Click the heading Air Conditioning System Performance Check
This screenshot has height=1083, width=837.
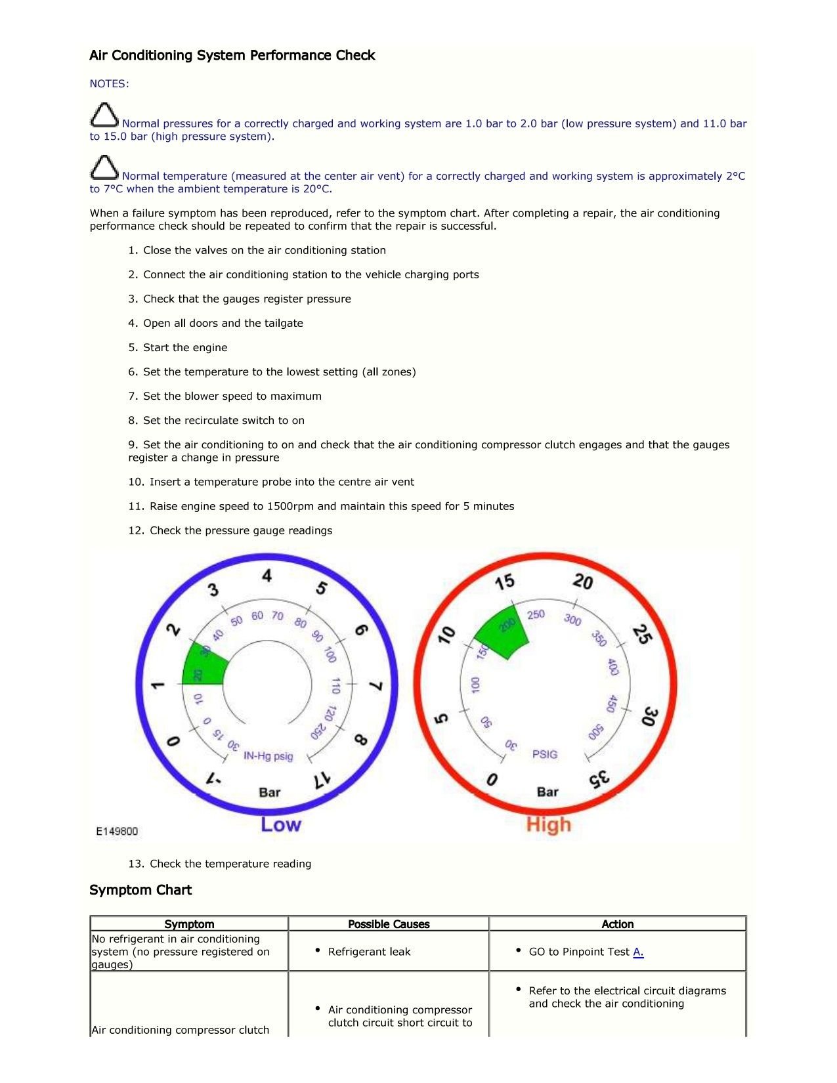232,55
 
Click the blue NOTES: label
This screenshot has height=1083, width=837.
109,83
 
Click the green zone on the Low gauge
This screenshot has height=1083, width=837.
204,666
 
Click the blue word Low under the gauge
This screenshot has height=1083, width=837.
280,824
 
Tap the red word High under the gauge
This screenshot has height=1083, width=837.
548,824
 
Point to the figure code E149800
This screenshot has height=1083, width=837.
117,831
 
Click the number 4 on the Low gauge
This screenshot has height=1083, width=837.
267,576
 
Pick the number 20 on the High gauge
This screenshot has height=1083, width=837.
582,582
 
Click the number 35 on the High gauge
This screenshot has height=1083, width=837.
599,779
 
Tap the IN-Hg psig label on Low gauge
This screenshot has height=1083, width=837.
268,756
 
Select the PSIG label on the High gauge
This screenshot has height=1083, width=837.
545,754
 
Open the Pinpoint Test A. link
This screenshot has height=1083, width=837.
638,952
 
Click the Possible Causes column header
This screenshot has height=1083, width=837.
389,924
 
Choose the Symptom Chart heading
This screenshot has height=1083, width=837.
140,890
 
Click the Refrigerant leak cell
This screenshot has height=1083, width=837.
369,952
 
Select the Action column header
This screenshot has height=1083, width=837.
617,924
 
